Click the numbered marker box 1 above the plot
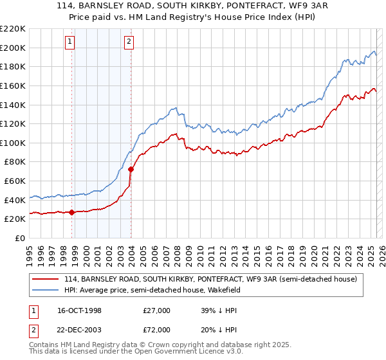pos(69,42)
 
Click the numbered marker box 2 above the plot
pos(129,42)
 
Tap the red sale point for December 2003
pos(131,169)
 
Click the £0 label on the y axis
pos(19,238)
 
